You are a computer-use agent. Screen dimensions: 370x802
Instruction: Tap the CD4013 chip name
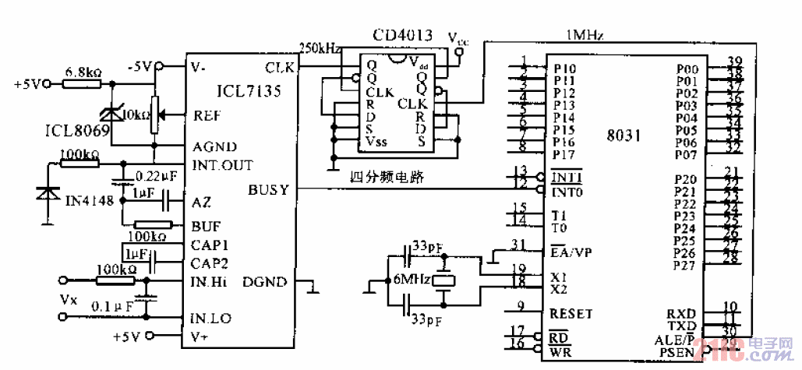[x=402, y=35]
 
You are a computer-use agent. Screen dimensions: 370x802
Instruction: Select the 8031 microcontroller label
[x=624, y=134]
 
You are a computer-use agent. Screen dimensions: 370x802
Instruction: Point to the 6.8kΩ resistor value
[x=83, y=72]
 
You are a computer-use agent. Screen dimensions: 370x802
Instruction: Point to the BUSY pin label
[x=268, y=189]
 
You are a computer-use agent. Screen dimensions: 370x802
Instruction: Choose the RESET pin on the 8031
[x=571, y=314]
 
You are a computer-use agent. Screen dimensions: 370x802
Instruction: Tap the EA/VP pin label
[x=571, y=252]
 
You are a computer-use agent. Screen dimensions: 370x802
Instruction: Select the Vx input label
[x=69, y=298]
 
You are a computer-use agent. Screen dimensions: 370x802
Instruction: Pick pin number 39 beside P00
[x=733, y=62]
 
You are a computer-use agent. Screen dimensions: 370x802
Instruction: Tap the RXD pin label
[x=681, y=312]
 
